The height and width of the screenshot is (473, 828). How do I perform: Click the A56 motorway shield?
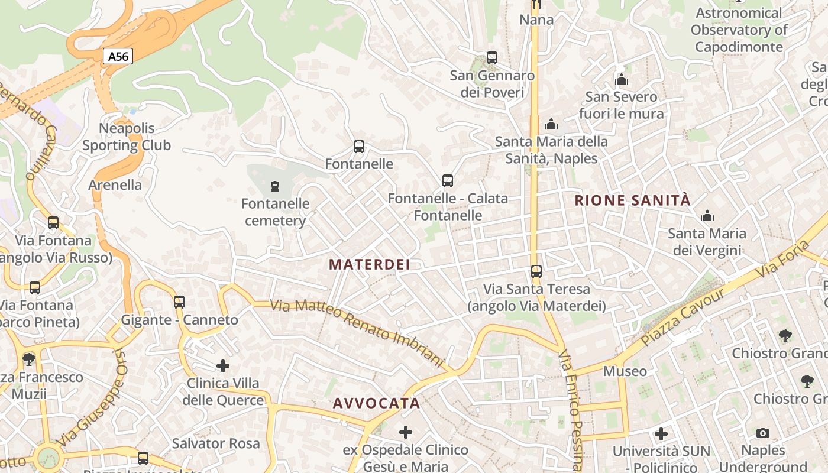click(x=118, y=56)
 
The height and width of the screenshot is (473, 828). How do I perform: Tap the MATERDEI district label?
click(x=370, y=264)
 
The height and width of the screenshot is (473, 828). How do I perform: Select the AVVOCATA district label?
click(x=377, y=403)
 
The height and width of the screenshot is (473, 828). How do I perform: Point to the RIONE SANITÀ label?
click(x=632, y=200)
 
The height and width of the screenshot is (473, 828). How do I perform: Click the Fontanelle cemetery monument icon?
click(x=274, y=187)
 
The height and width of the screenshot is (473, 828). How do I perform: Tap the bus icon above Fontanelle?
click(x=358, y=147)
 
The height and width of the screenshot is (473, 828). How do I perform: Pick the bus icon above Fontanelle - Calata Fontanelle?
click(x=448, y=181)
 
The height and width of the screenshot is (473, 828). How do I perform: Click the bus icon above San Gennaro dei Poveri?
click(x=492, y=58)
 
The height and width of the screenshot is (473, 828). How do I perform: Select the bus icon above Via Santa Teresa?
click(x=536, y=271)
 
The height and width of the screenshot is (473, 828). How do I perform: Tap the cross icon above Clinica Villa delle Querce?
click(x=223, y=366)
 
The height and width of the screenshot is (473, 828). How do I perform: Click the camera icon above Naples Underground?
click(x=763, y=433)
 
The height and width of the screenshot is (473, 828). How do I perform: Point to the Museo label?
click(x=625, y=371)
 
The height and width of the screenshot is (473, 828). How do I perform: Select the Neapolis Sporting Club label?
click(x=127, y=137)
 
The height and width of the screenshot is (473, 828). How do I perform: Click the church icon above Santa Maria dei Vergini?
click(x=707, y=216)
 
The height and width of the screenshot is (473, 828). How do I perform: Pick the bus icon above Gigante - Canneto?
click(x=179, y=302)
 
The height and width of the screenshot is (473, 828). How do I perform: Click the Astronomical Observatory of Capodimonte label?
click(x=739, y=30)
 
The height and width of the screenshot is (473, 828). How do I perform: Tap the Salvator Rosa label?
click(x=216, y=443)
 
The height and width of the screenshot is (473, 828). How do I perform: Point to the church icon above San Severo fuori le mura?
click(x=622, y=79)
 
